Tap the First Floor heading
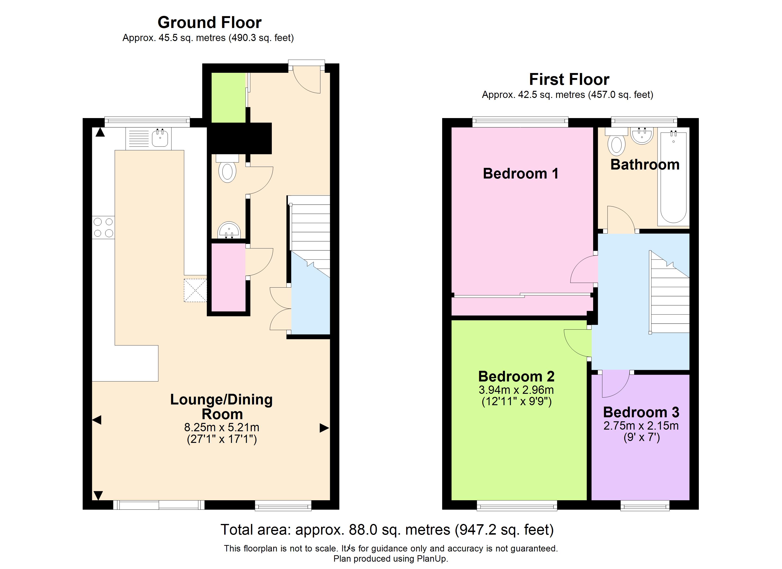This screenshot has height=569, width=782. [569, 80]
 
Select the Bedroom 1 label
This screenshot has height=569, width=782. [520, 174]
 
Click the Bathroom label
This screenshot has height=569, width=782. [645, 165]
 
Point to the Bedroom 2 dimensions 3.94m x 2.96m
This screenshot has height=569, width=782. [516, 390]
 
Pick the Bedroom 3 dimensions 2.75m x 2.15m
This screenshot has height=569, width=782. [641, 426]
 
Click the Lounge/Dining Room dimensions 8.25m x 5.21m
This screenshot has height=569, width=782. [222, 427]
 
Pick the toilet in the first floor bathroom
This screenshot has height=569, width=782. [617, 142]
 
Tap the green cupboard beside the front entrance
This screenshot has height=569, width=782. [228, 98]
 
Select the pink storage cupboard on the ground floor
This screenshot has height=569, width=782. [228, 277]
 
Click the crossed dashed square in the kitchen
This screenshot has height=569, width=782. [195, 290]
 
